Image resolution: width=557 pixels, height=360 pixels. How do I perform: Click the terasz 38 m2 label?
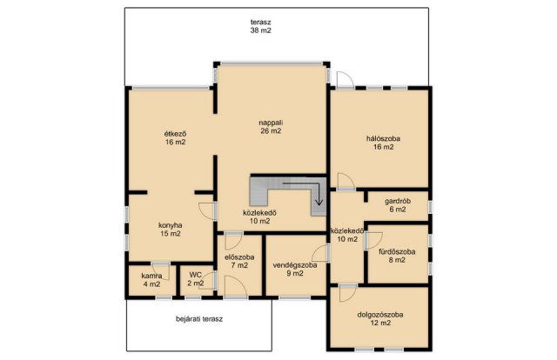click(x=261, y=26)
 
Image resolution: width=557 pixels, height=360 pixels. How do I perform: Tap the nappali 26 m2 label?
click(x=271, y=127)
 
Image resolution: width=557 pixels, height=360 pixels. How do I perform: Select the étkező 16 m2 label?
click(x=175, y=138)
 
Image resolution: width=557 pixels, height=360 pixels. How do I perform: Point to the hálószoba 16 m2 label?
click(x=383, y=143)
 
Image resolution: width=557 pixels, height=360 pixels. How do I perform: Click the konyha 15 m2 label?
click(x=171, y=230)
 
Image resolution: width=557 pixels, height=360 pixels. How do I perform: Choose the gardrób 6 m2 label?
click(x=398, y=205)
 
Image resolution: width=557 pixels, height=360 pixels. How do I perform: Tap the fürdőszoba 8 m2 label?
click(x=397, y=256)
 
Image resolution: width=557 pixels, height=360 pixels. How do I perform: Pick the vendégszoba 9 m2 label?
click(x=295, y=269)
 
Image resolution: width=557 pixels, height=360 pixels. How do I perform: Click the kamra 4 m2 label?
click(x=151, y=280)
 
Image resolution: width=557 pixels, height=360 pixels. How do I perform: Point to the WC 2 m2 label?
click(x=196, y=279)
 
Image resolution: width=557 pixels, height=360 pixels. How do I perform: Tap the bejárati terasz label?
click(x=199, y=319)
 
